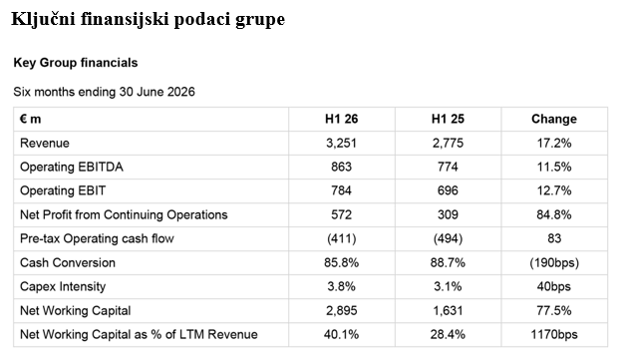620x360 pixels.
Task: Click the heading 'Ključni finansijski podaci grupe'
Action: point(148,19)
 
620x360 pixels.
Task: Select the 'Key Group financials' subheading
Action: point(76,63)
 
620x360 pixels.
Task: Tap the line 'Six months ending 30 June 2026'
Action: point(104,92)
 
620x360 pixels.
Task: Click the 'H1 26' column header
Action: point(341,119)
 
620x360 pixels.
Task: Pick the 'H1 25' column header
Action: point(448,119)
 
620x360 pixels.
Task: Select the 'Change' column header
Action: point(554,119)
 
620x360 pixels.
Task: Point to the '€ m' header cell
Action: point(31,119)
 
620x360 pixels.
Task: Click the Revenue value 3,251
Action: point(341,144)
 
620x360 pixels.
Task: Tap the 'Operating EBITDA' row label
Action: point(72,167)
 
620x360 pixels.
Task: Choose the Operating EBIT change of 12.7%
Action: point(554,190)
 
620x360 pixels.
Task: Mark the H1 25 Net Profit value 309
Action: point(448,214)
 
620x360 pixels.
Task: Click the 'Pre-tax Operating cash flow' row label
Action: point(97,238)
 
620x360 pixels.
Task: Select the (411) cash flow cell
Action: point(341,238)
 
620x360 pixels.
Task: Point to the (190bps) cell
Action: point(554,262)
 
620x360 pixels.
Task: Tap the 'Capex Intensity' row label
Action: point(63,286)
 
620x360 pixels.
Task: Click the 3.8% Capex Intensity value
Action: point(341,286)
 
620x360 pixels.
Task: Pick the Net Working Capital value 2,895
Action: point(341,310)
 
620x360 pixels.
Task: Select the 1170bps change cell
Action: point(554,334)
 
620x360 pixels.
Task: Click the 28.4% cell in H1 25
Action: point(448,334)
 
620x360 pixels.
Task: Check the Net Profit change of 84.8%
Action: point(554,214)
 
